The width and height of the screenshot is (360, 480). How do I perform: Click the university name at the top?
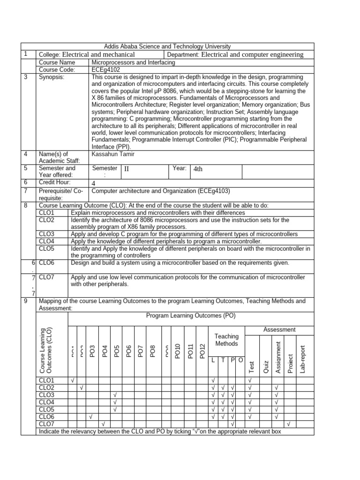tap(167, 46)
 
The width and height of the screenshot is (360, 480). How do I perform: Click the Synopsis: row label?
tap(52, 77)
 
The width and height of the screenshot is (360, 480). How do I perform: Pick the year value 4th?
tap(198, 169)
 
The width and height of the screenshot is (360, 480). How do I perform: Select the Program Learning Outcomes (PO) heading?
tap(191, 316)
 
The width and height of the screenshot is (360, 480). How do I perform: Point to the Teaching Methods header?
tap(226, 340)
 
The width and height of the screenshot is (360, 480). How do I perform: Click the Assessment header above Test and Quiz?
tap(279, 330)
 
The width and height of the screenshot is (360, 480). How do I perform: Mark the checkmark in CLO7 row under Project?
tap(289, 424)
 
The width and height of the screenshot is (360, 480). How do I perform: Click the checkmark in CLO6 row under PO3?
tap(91, 417)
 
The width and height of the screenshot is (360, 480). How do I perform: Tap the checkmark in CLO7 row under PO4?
tap(103, 424)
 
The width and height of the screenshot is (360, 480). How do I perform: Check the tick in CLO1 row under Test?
tap(250, 380)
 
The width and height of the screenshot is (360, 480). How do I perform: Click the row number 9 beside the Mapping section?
tap(25, 300)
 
